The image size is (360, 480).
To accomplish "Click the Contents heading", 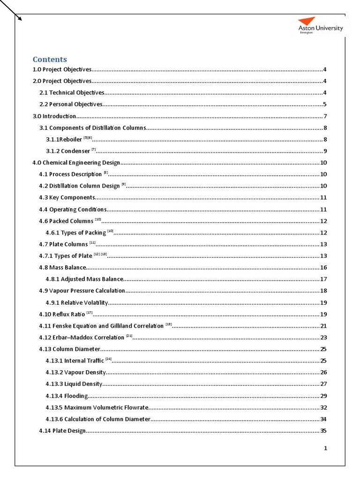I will tap(50, 60).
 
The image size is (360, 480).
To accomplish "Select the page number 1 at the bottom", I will tap(325, 448).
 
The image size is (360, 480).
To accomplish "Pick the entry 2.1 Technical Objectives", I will tap(72, 93).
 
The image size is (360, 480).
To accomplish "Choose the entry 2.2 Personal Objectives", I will tap(71, 105).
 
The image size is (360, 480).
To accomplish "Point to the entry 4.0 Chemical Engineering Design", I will tap(76, 163).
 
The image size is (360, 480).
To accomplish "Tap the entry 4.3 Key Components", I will tap(67, 198).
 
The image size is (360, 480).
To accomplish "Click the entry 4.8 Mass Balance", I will tap(63, 268).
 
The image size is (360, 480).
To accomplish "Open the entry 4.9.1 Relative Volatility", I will tap(77, 303).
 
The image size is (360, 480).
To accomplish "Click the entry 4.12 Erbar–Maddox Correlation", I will tap(82, 337).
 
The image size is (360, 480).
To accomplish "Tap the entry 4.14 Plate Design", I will tap(62, 431).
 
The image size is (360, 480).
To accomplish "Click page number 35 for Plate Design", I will tap(323, 431).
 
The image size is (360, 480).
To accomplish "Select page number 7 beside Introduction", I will tap(325, 116).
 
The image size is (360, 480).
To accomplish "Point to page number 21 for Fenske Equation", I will tap(323, 326).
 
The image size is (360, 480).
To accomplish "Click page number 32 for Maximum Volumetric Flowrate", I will tap(323, 407).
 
